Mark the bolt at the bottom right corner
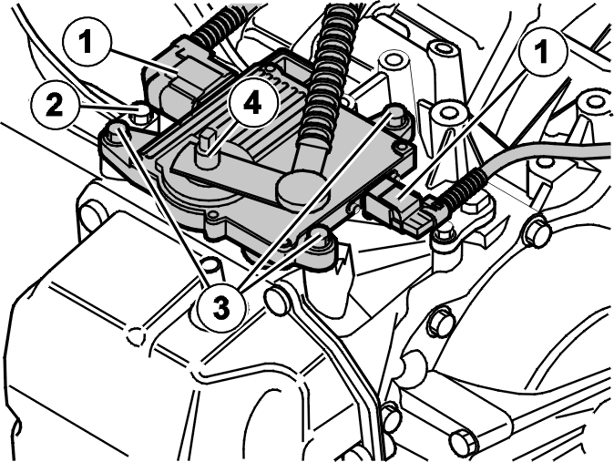click(x=462, y=441)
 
